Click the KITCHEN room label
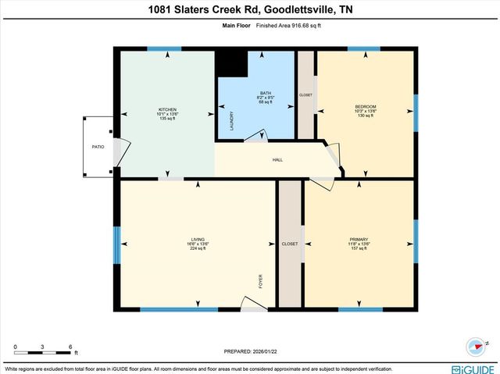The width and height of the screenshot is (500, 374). tap(167, 109)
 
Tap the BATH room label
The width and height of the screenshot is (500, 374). tap(266, 93)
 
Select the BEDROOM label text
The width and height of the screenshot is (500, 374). tap(366, 106)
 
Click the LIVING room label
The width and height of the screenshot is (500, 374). tap(198, 240)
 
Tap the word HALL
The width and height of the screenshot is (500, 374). tap(277, 160)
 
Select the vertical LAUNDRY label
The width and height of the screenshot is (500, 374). tap(231, 120)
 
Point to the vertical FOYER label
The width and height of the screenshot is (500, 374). tap(261, 280)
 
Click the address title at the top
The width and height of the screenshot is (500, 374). tap(250, 11)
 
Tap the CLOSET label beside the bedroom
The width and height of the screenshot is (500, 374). tap(305, 95)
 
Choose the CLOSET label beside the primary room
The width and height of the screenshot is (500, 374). tap(289, 244)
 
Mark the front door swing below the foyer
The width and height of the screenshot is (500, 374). tap(254, 303)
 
